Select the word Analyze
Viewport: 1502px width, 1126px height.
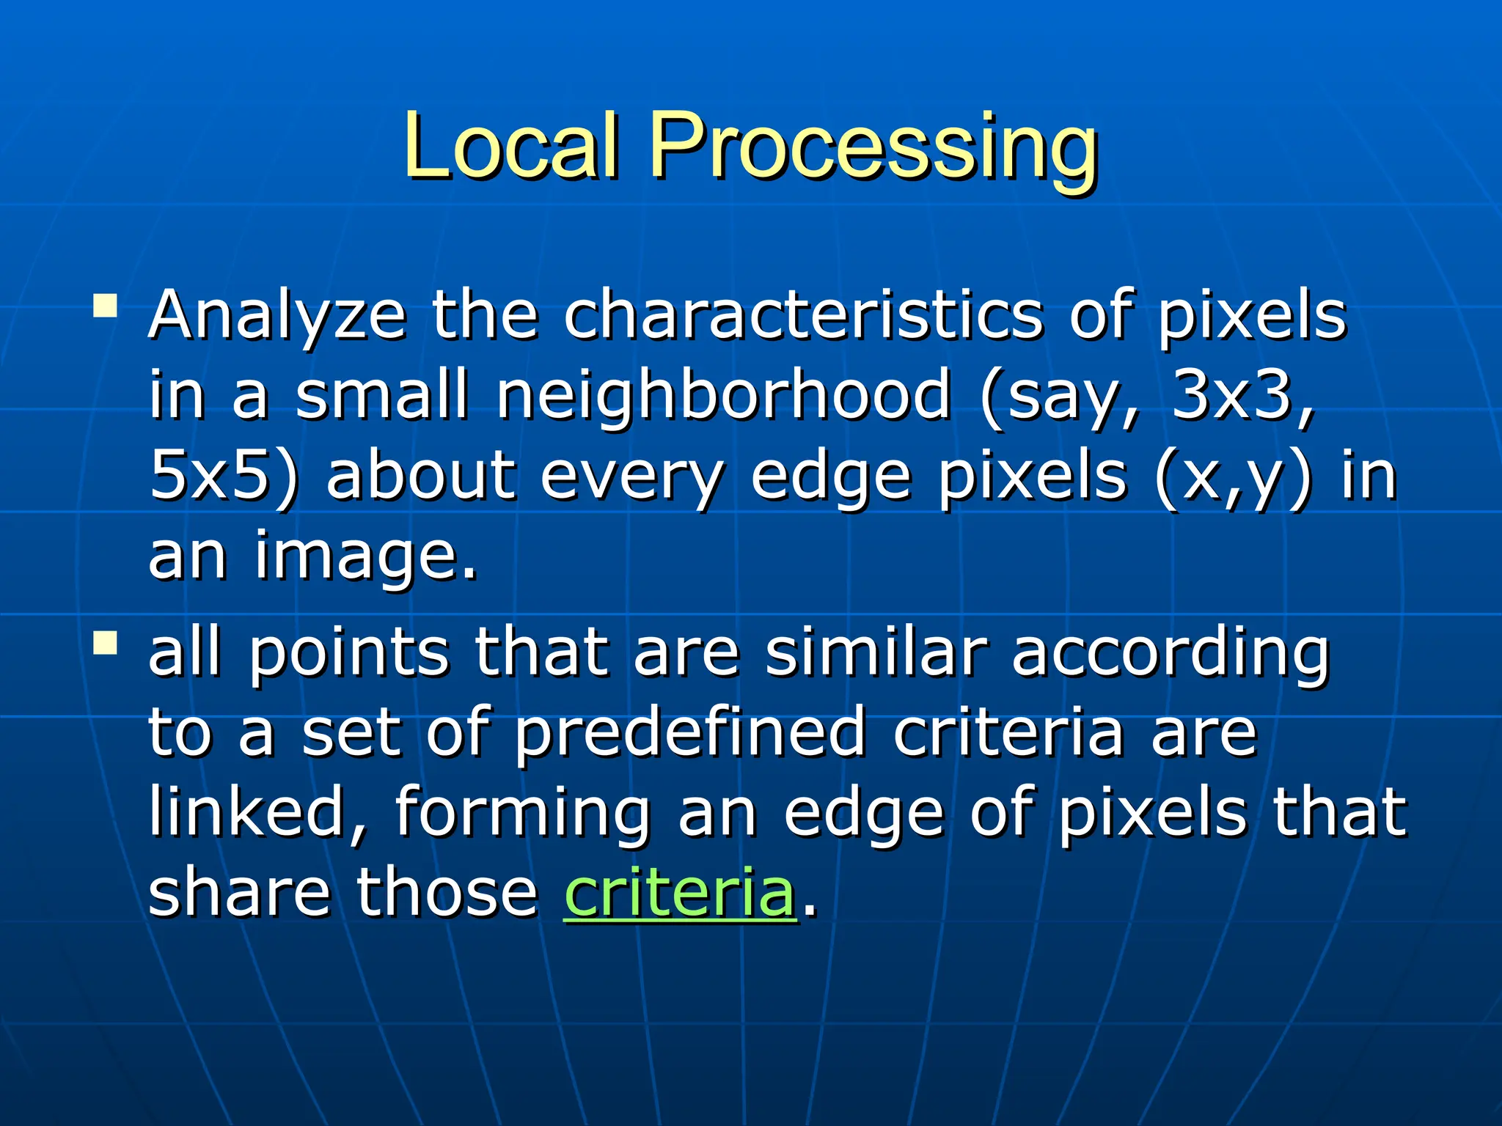tap(277, 317)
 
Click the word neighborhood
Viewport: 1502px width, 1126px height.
tap(724, 397)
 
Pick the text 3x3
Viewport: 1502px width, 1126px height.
tap(1231, 395)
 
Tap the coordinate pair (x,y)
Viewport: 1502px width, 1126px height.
tap(1233, 477)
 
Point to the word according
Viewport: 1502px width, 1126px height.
tap(1171, 655)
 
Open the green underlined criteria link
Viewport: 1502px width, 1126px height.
tap(680, 892)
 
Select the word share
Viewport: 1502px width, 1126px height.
tap(239, 892)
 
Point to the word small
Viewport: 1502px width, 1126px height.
tap(381, 395)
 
